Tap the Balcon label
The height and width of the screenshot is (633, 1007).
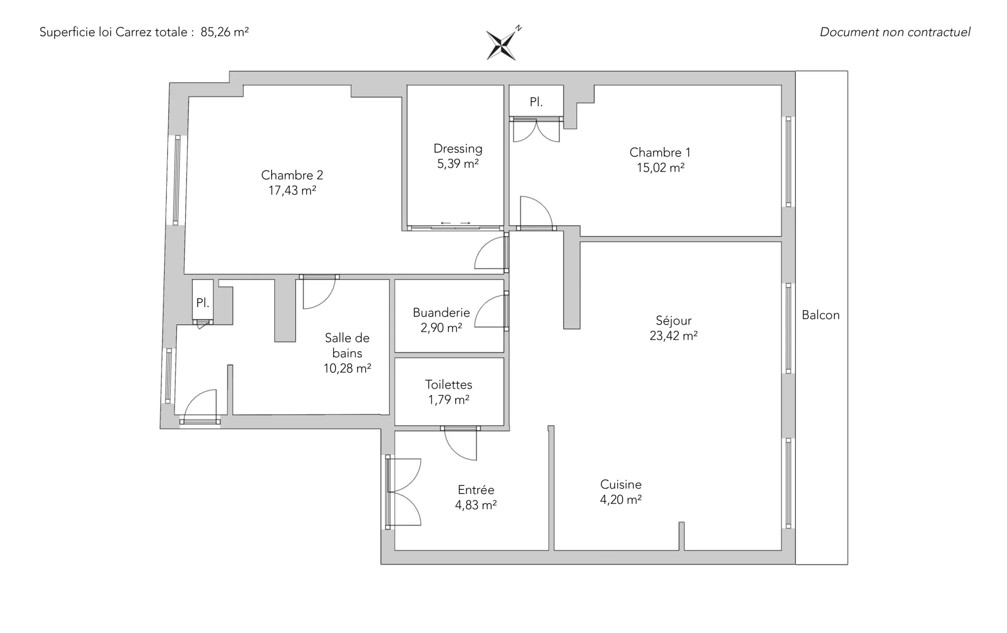820,315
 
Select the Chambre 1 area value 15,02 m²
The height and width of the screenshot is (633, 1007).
660,168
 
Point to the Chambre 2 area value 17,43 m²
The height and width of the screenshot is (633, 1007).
292,191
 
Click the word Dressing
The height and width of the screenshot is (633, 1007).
458,149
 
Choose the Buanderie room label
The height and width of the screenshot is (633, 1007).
441,313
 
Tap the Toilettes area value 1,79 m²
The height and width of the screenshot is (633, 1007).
448,400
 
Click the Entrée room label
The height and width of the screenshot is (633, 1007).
476,490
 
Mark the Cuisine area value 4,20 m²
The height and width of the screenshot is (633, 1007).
620,500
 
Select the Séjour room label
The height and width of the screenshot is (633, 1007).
673,320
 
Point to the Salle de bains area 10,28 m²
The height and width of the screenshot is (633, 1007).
347,368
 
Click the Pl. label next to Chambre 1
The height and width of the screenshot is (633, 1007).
536,102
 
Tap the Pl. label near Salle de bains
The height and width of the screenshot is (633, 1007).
202,303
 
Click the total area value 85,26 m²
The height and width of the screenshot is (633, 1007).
224,32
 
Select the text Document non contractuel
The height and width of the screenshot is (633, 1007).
895,32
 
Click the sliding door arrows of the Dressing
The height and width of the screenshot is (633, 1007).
455,223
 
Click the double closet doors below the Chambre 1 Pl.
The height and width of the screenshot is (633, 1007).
536,131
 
